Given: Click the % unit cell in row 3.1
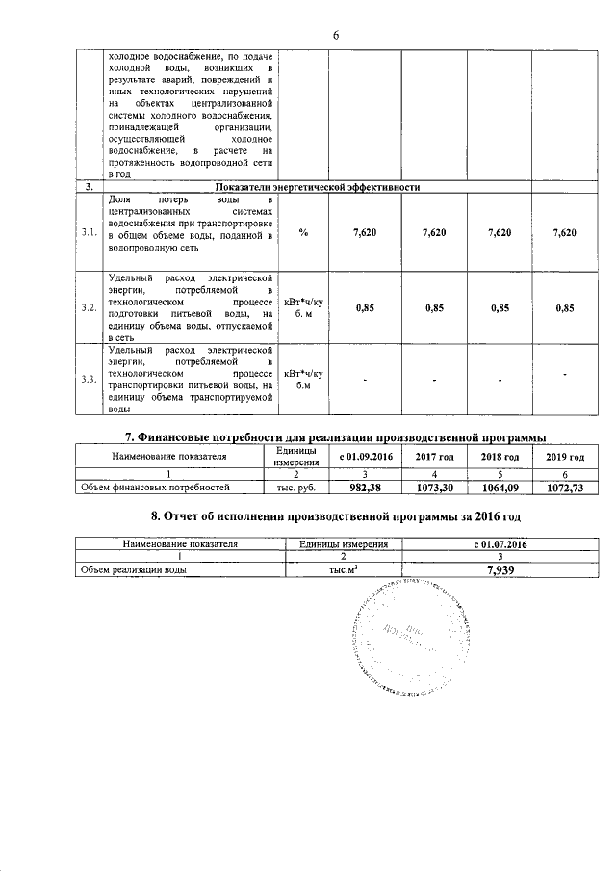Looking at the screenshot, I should coord(303,232).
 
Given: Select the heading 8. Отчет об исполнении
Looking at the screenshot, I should coord(328,517).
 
